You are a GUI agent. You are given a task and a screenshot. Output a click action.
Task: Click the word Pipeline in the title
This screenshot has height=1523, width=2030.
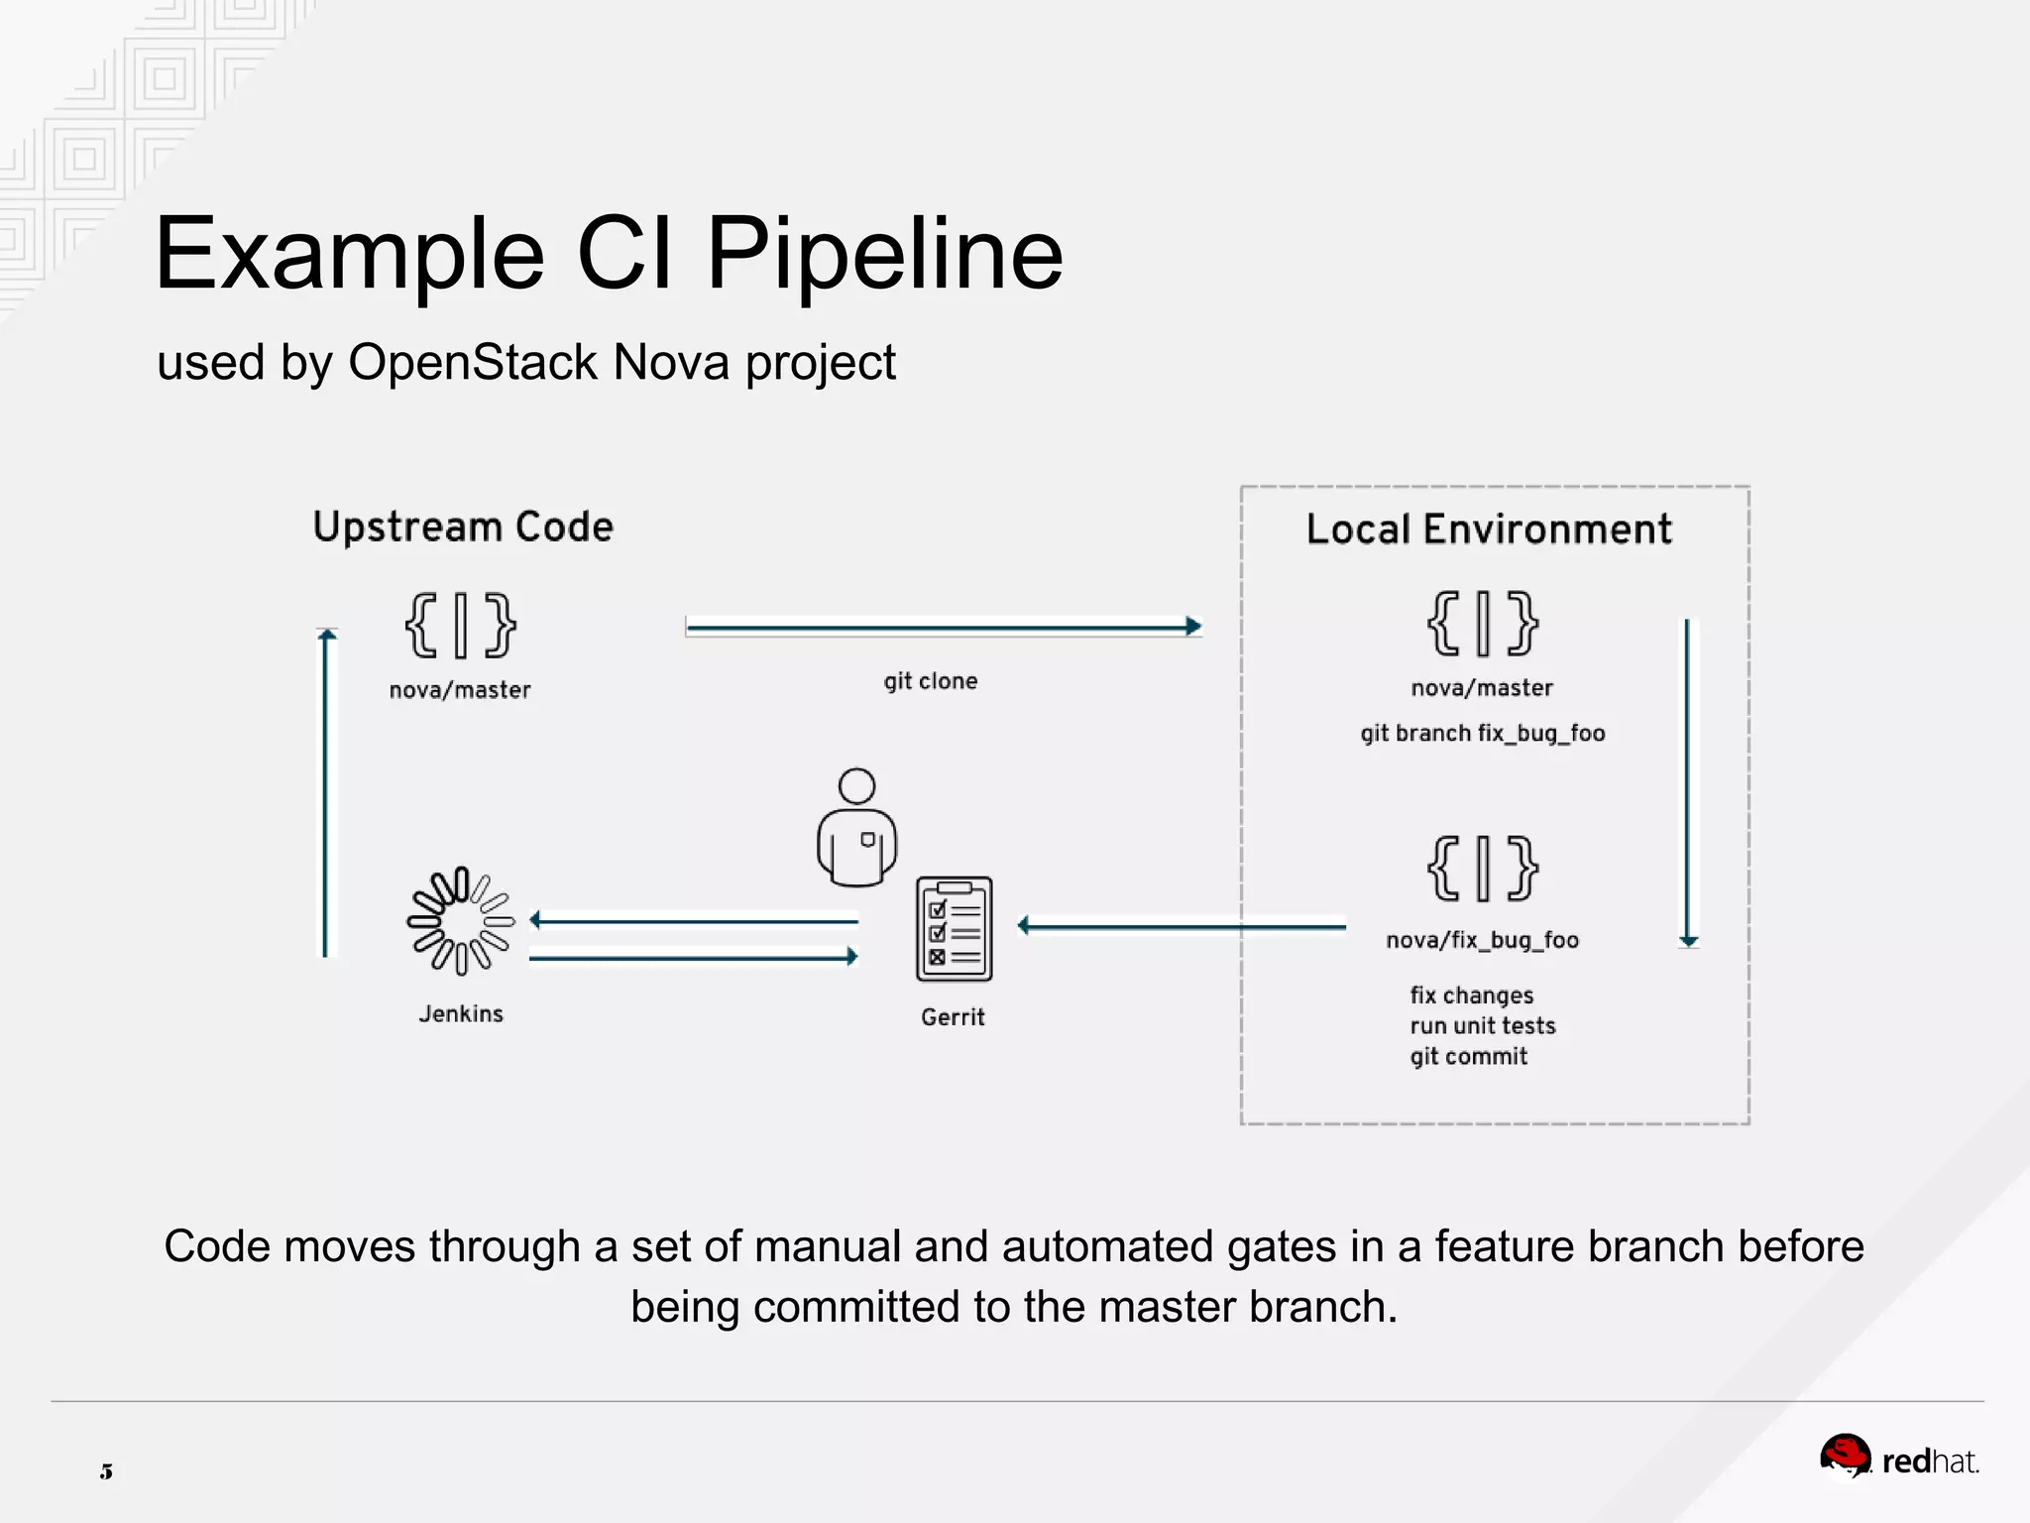point(884,255)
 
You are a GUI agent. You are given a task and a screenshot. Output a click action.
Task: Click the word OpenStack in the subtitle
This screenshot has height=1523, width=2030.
point(473,362)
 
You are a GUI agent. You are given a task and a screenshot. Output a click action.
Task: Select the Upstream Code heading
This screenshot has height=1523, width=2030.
point(463,527)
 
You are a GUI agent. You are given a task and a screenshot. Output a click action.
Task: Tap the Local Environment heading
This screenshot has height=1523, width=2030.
point(1488,529)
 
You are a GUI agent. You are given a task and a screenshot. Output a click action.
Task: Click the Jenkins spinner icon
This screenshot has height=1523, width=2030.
point(461,921)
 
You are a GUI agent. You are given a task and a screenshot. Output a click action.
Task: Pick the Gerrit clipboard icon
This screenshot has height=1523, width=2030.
point(954,929)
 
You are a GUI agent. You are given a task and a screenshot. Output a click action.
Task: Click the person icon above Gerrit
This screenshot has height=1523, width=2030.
point(857,828)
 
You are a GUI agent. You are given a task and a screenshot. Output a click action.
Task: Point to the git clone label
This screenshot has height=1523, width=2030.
point(930,681)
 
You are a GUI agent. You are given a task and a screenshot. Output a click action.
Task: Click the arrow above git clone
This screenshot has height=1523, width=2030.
point(942,627)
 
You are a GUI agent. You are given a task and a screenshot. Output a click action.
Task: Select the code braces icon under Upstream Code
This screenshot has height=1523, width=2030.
point(461,625)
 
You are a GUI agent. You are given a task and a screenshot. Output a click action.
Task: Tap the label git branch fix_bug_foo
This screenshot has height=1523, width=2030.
point(1482,734)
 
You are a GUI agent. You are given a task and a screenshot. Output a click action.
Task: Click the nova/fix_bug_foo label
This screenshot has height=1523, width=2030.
point(1482,940)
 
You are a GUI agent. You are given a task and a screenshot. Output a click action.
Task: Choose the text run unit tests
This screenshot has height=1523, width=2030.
point(1482,1026)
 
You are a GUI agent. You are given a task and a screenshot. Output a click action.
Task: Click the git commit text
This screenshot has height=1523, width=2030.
point(1468,1057)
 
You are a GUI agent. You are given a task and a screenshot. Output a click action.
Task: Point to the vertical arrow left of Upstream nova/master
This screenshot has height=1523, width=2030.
point(327,793)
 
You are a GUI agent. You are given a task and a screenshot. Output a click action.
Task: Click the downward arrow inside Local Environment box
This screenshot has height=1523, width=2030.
point(1688,783)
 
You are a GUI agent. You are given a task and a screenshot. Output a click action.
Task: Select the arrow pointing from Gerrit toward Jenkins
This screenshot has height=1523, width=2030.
point(694,921)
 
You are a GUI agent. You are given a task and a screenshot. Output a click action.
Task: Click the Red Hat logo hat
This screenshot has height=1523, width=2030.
point(1844,1455)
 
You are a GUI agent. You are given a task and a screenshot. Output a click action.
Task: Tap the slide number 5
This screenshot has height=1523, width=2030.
point(106,1471)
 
